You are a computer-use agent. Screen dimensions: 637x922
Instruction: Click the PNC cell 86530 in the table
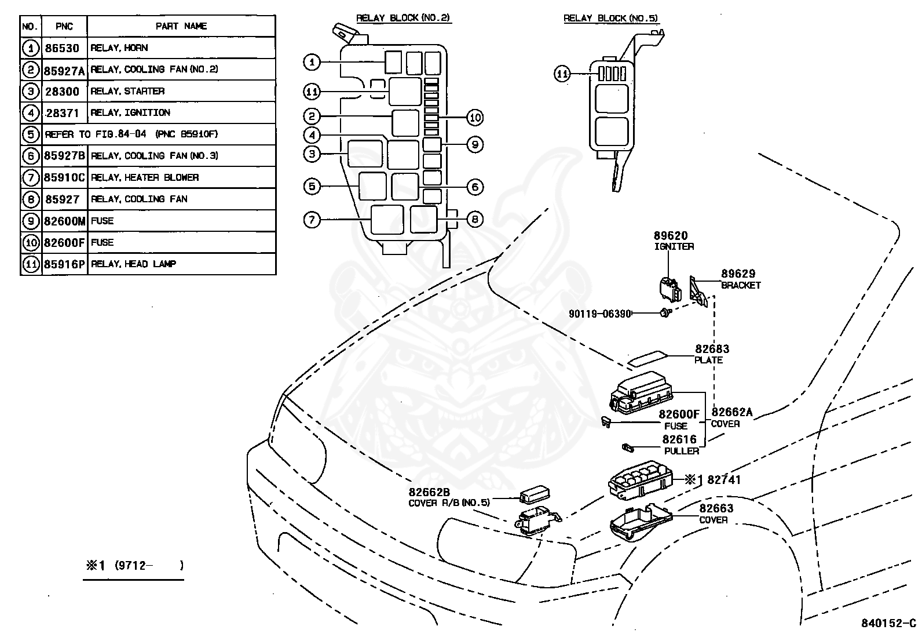[x=62, y=48]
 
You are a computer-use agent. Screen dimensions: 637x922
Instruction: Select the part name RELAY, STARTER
[x=127, y=91]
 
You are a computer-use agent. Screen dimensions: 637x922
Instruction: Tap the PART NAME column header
[x=181, y=26]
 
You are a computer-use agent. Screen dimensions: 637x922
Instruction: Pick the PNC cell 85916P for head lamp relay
[x=64, y=264]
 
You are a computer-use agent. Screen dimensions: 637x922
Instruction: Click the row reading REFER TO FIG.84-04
[x=131, y=134]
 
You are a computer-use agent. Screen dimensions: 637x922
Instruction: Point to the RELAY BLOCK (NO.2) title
[x=403, y=18]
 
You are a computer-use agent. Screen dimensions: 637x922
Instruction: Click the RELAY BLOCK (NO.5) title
[x=611, y=19]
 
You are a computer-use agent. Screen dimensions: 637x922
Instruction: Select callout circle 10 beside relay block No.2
[x=474, y=118]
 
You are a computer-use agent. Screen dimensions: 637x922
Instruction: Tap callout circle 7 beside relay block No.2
[x=312, y=220]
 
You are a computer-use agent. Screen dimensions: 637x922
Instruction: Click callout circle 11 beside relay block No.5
[x=562, y=74]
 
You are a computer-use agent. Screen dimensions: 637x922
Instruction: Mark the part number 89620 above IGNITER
[x=671, y=236]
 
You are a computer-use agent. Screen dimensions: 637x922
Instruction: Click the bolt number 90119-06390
[x=599, y=314]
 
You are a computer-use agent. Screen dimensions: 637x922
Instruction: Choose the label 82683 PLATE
[x=712, y=354]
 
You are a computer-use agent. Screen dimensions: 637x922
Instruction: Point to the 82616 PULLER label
[x=680, y=445]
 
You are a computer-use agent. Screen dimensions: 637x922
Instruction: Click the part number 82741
[x=724, y=480]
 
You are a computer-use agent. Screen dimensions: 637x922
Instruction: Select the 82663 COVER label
[x=716, y=514]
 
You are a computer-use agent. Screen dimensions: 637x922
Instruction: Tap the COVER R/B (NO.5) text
[x=449, y=503]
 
